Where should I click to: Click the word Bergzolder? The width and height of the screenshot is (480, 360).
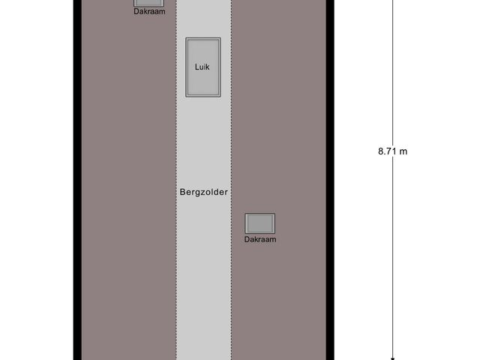[203, 192]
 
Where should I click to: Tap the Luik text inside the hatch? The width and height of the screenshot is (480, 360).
[203, 67]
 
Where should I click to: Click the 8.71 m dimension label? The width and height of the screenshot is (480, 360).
[392, 151]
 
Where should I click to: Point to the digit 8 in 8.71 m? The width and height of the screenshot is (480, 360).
[380, 151]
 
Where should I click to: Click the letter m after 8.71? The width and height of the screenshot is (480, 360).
[403, 151]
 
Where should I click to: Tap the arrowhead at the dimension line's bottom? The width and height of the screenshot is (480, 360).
[392, 356]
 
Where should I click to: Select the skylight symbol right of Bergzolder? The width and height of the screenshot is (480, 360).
[260, 223]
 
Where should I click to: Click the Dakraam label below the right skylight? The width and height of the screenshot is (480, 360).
[260, 239]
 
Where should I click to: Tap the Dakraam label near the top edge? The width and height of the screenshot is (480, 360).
[150, 11]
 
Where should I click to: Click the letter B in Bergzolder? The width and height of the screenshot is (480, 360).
[182, 192]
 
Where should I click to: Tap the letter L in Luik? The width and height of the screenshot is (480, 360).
[196, 67]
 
